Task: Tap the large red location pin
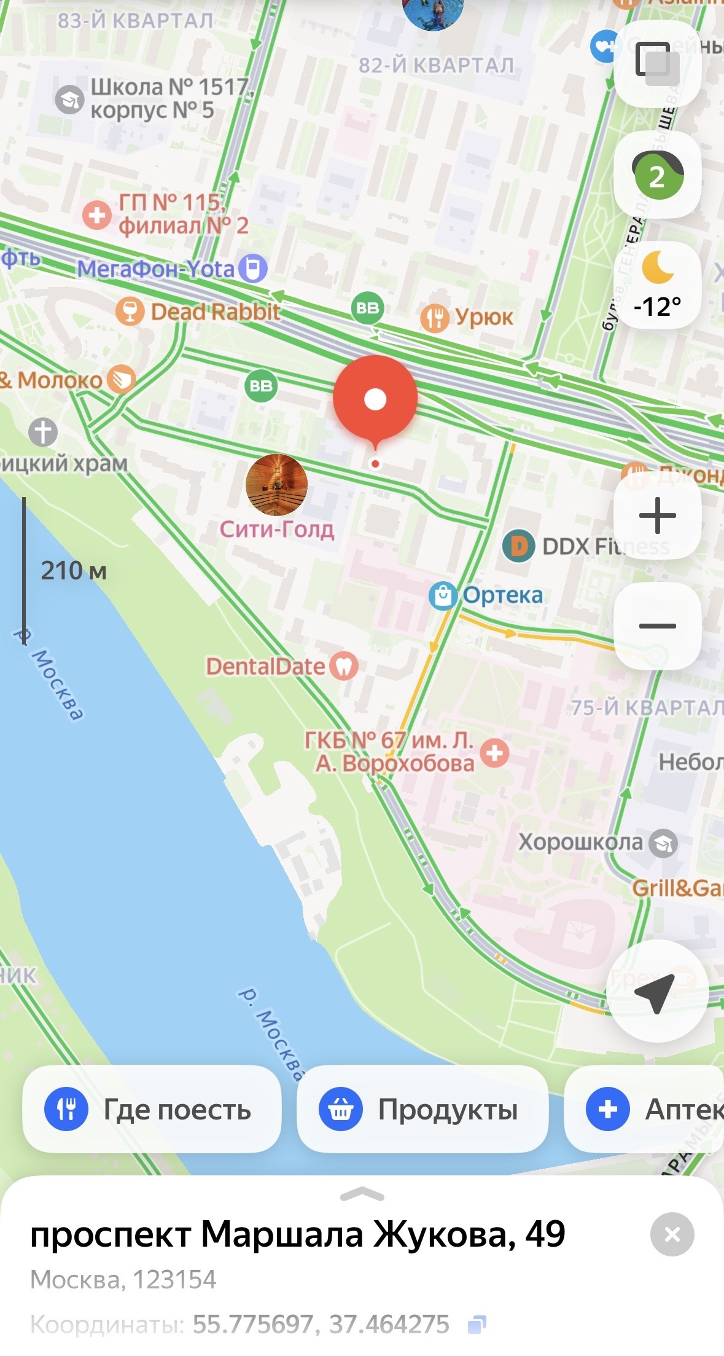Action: click(x=375, y=398)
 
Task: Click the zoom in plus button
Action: click(x=657, y=515)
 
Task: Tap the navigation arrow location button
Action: click(x=656, y=991)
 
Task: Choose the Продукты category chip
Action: click(x=422, y=1109)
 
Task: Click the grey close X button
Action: click(x=672, y=1234)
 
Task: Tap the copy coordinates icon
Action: click(x=477, y=1324)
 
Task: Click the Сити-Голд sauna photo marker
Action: click(x=276, y=485)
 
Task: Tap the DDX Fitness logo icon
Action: click(x=518, y=546)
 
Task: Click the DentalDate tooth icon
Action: click(x=344, y=666)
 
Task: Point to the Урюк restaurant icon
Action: click(x=435, y=318)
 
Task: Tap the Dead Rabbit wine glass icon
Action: click(x=130, y=312)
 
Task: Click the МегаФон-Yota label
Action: click(x=157, y=268)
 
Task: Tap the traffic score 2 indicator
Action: click(x=657, y=177)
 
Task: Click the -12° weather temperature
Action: click(x=657, y=305)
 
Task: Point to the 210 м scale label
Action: click(x=74, y=571)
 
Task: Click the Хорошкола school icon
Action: click(x=663, y=843)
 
